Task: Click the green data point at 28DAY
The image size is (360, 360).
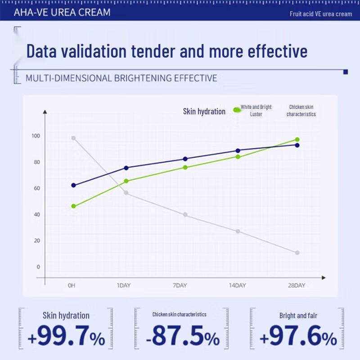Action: (297, 139)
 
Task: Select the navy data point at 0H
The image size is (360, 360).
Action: (73, 185)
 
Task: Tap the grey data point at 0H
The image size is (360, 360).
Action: (73, 138)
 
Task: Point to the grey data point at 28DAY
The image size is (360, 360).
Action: (297, 253)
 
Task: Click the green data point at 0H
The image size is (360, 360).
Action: (73, 206)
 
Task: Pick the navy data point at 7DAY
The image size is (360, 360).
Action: (185, 159)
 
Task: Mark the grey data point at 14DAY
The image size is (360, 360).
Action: (238, 231)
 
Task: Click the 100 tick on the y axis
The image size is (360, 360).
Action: (36, 136)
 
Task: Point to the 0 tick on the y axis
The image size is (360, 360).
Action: (38, 267)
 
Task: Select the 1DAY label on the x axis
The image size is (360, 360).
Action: (124, 285)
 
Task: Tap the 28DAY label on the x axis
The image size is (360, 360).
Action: (297, 285)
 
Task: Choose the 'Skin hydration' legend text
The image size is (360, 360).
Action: (204, 111)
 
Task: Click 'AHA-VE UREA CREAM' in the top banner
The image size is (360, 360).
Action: (62, 12)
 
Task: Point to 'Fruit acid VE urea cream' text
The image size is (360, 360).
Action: (321, 14)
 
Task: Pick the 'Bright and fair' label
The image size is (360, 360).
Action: (298, 315)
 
